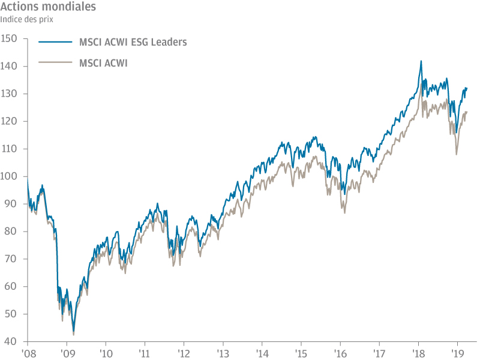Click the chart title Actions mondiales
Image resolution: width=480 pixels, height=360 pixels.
pos(47,8)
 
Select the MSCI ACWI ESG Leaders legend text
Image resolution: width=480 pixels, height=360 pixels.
pos(133,42)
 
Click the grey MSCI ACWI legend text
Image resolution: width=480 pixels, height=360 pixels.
pos(103,62)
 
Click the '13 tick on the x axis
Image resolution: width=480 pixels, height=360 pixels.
pos(223,353)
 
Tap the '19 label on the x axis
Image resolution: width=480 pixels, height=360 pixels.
pos(458,353)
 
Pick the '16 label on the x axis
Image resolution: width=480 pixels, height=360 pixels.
pos(340,353)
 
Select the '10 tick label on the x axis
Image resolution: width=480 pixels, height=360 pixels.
pos(106,353)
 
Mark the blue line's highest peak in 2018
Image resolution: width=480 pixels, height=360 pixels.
pos(421,61)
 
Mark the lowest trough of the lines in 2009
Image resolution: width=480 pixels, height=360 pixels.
pos(73,334)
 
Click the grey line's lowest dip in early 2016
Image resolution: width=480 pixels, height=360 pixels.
pos(344,212)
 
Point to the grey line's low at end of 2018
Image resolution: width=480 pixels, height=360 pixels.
pos(456,154)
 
